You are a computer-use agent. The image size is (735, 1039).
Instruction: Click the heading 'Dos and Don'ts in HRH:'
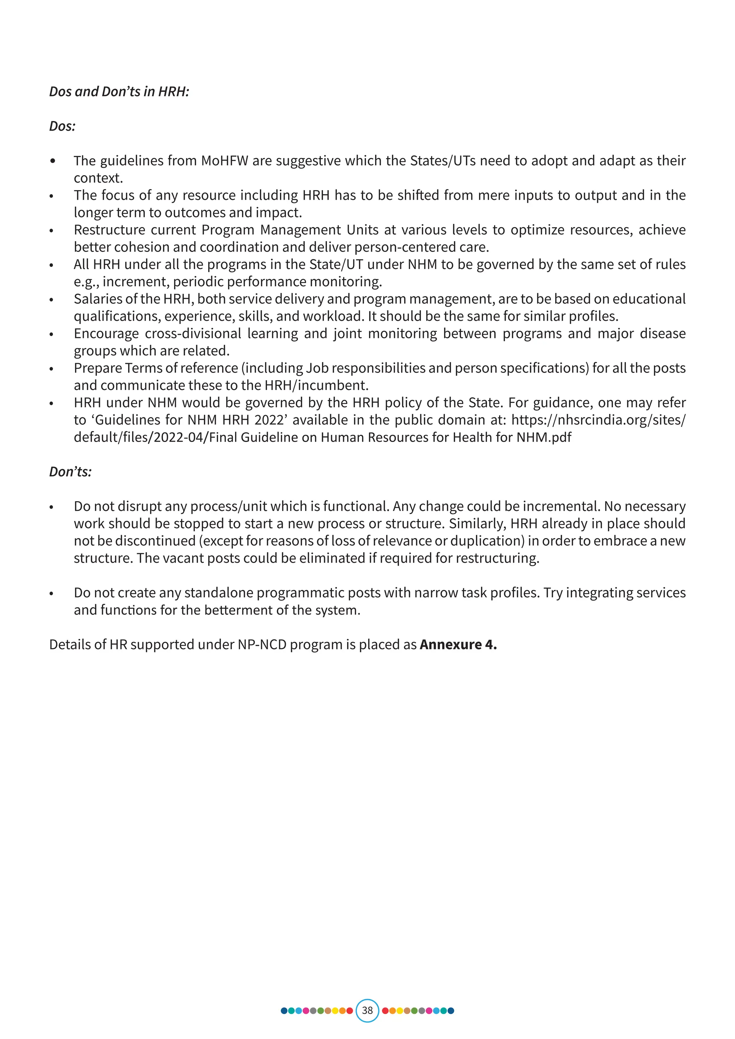119,91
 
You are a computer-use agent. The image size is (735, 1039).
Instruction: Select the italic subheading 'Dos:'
62,126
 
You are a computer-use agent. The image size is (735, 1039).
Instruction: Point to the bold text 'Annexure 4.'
458,644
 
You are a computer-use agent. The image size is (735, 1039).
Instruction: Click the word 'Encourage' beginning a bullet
106,334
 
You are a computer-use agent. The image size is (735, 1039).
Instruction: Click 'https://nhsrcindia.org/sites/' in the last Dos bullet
598,420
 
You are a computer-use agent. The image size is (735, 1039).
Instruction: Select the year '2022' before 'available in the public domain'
271,420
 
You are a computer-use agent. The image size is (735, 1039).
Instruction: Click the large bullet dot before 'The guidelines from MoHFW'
53,161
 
